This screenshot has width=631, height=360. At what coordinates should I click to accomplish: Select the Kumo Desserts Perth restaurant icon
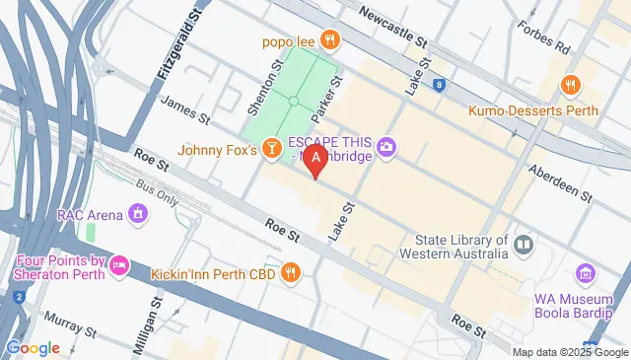[x=569, y=86]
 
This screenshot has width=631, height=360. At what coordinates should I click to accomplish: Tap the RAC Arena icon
[x=138, y=213]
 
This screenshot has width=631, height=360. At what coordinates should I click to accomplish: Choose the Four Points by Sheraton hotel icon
[x=119, y=264]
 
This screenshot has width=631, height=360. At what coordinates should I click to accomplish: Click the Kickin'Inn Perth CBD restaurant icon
[x=291, y=271]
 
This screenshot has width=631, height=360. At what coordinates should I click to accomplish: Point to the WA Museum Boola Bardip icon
[x=587, y=273]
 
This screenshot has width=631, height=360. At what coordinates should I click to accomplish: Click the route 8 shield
[x=439, y=85]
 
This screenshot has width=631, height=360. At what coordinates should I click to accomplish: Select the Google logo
[x=32, y=347]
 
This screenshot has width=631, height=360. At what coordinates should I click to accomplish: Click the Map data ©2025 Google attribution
[x=569, y=352]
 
